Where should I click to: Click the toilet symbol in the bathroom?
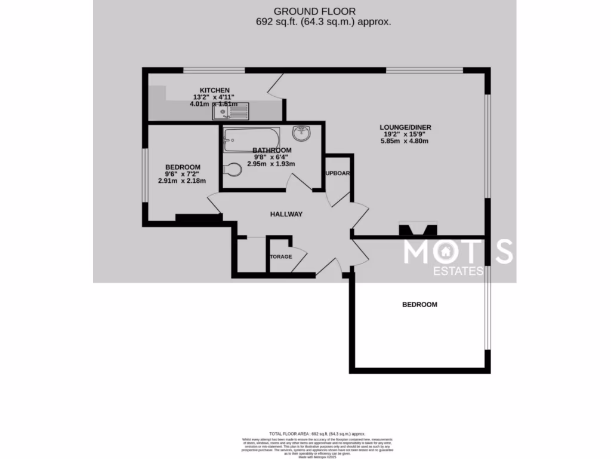pos(232,170)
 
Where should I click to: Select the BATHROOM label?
pos(271,150)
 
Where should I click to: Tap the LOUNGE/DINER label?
pos(405,127)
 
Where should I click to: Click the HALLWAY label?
pos(286,214)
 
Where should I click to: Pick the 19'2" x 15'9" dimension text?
pos(405,134)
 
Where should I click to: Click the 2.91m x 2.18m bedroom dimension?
pos(181,181)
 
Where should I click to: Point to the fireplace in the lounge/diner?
pos(418,228)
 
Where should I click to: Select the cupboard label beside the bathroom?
pos(338,173)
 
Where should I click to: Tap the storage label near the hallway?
pos(280,257)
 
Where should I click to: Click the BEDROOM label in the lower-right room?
pos(419,304)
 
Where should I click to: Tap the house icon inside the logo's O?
pos(445,252)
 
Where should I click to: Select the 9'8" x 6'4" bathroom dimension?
pos(271,157)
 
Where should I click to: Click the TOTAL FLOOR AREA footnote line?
pos(317,434)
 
